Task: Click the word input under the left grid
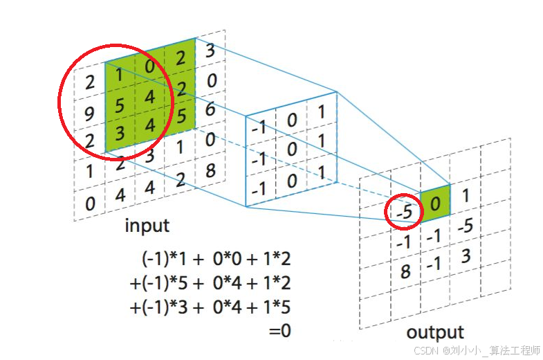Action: pos(147,226)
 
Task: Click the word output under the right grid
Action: pos(435,332)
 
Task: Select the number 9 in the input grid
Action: pos(89,113)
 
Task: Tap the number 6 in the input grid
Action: pos(211,109)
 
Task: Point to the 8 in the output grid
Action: pos(405,271)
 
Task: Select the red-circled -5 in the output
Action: pos(405,213)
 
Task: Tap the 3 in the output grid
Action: pos(466,257)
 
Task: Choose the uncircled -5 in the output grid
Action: pos(466,226)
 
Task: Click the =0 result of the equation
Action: pos(279,331)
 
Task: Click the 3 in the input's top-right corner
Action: pos(210,51)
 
